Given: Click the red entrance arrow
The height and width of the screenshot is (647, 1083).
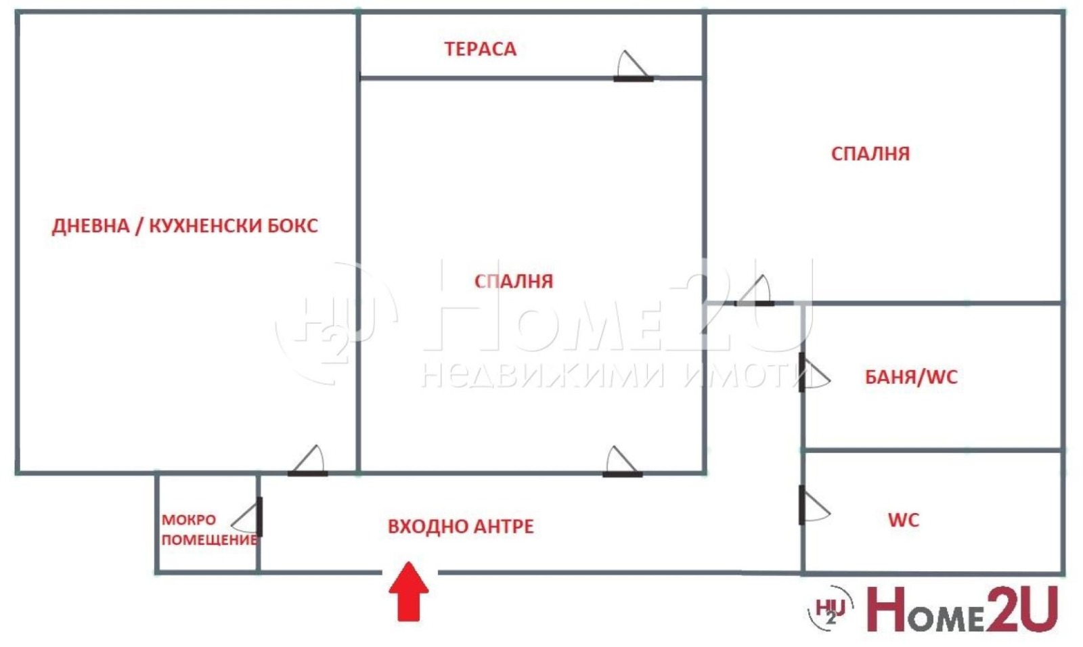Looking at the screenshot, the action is pyautogui.click(x=409, y=592).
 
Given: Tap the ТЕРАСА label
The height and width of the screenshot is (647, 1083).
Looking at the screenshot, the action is pyautogui.click(x=480, y=49).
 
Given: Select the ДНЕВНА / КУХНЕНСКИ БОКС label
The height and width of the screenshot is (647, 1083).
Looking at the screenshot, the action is pyautogui.click(x=185, y=226).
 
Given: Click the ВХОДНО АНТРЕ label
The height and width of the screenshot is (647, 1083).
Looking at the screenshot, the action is pyautogui.click(x=461, y=526).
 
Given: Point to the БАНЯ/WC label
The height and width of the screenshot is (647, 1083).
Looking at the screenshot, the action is pyautogui.click(x=911, y=377).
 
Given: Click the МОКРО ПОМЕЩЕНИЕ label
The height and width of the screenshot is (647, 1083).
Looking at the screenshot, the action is pyautogui.click(x=209, y=529).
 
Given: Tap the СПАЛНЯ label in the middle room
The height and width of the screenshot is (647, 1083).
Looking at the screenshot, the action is pyautogui.click(x=514, y=282).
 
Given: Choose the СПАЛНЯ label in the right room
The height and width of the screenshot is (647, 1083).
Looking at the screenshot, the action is pyautogui.click(x=870, y=154).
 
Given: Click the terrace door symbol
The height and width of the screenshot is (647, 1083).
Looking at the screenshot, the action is pyautogui.click(x=633, y=66).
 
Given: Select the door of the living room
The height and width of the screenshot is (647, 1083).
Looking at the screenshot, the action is pyautogui.click(x=307, y=461).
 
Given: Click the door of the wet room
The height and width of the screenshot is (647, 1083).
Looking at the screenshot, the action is pyautogui.click(x=247, y=516).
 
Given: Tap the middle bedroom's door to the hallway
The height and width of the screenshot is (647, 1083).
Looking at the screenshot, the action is pyautogui.click(x=622, y=462).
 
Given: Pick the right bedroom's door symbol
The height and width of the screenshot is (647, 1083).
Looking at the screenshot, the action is pyautogui.click(x=754, y=290).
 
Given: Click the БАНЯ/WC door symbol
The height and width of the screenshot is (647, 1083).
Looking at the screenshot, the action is pyautogui.click(x=815, y=372).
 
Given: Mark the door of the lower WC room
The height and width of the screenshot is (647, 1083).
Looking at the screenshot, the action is pyautogui.click(x=815, y=505).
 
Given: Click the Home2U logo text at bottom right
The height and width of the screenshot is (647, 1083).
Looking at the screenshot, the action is pyautogui.click(x=962, y=609).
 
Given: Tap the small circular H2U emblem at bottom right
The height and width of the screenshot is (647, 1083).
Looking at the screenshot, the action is pyautogui.click(x=831, y=608).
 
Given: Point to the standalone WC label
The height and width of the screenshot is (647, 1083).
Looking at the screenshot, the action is pyautogui.click(x=904, y=520).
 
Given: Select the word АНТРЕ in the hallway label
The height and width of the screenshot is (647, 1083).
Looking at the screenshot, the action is pyautogui.click(x=504, y=526).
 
